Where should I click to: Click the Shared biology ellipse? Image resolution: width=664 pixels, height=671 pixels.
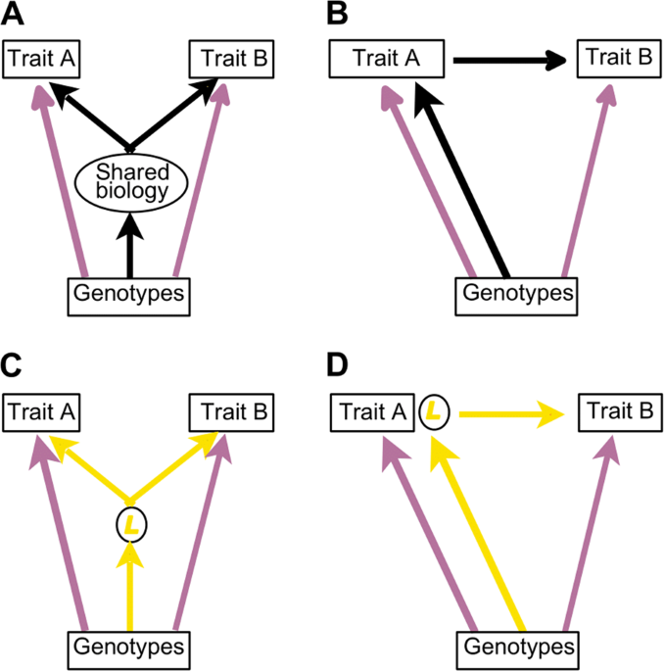point(131,182)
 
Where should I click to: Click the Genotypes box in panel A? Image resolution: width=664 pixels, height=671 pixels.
point(128,294)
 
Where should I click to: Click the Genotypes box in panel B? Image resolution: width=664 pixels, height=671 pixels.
point(518,294)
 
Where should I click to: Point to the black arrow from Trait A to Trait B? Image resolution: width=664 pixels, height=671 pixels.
point(509,61)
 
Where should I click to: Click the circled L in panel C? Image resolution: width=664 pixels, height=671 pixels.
point(131,525)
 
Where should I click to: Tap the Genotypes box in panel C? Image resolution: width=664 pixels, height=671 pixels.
point(128,647)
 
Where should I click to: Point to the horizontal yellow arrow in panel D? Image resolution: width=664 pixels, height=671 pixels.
point(509,413)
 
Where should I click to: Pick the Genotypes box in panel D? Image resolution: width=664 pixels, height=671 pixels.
point(518,647)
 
